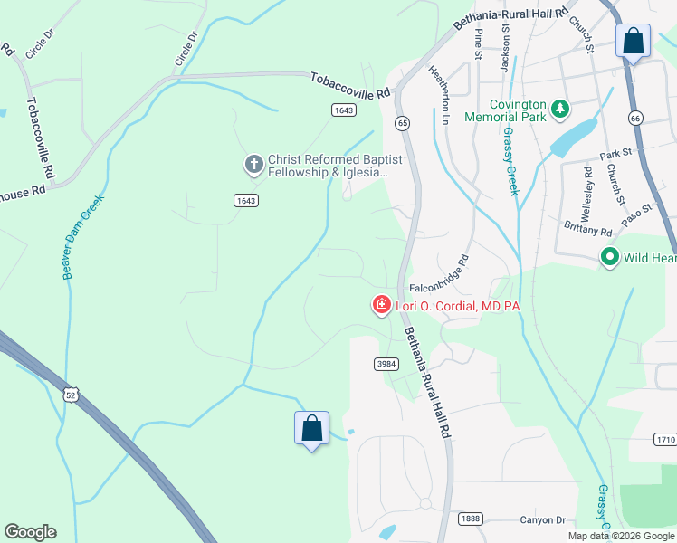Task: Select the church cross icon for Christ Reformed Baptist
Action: pos(254,165)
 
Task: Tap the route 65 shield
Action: pos(402,122)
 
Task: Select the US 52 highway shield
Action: pos(71,394)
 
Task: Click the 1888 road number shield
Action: pos(470,519)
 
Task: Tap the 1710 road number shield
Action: pos(664,439)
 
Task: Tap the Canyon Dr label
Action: pos(542,520)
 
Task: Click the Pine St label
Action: pos(479,43)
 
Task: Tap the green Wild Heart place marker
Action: pos(610,258)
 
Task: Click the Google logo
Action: pos(30,532)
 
